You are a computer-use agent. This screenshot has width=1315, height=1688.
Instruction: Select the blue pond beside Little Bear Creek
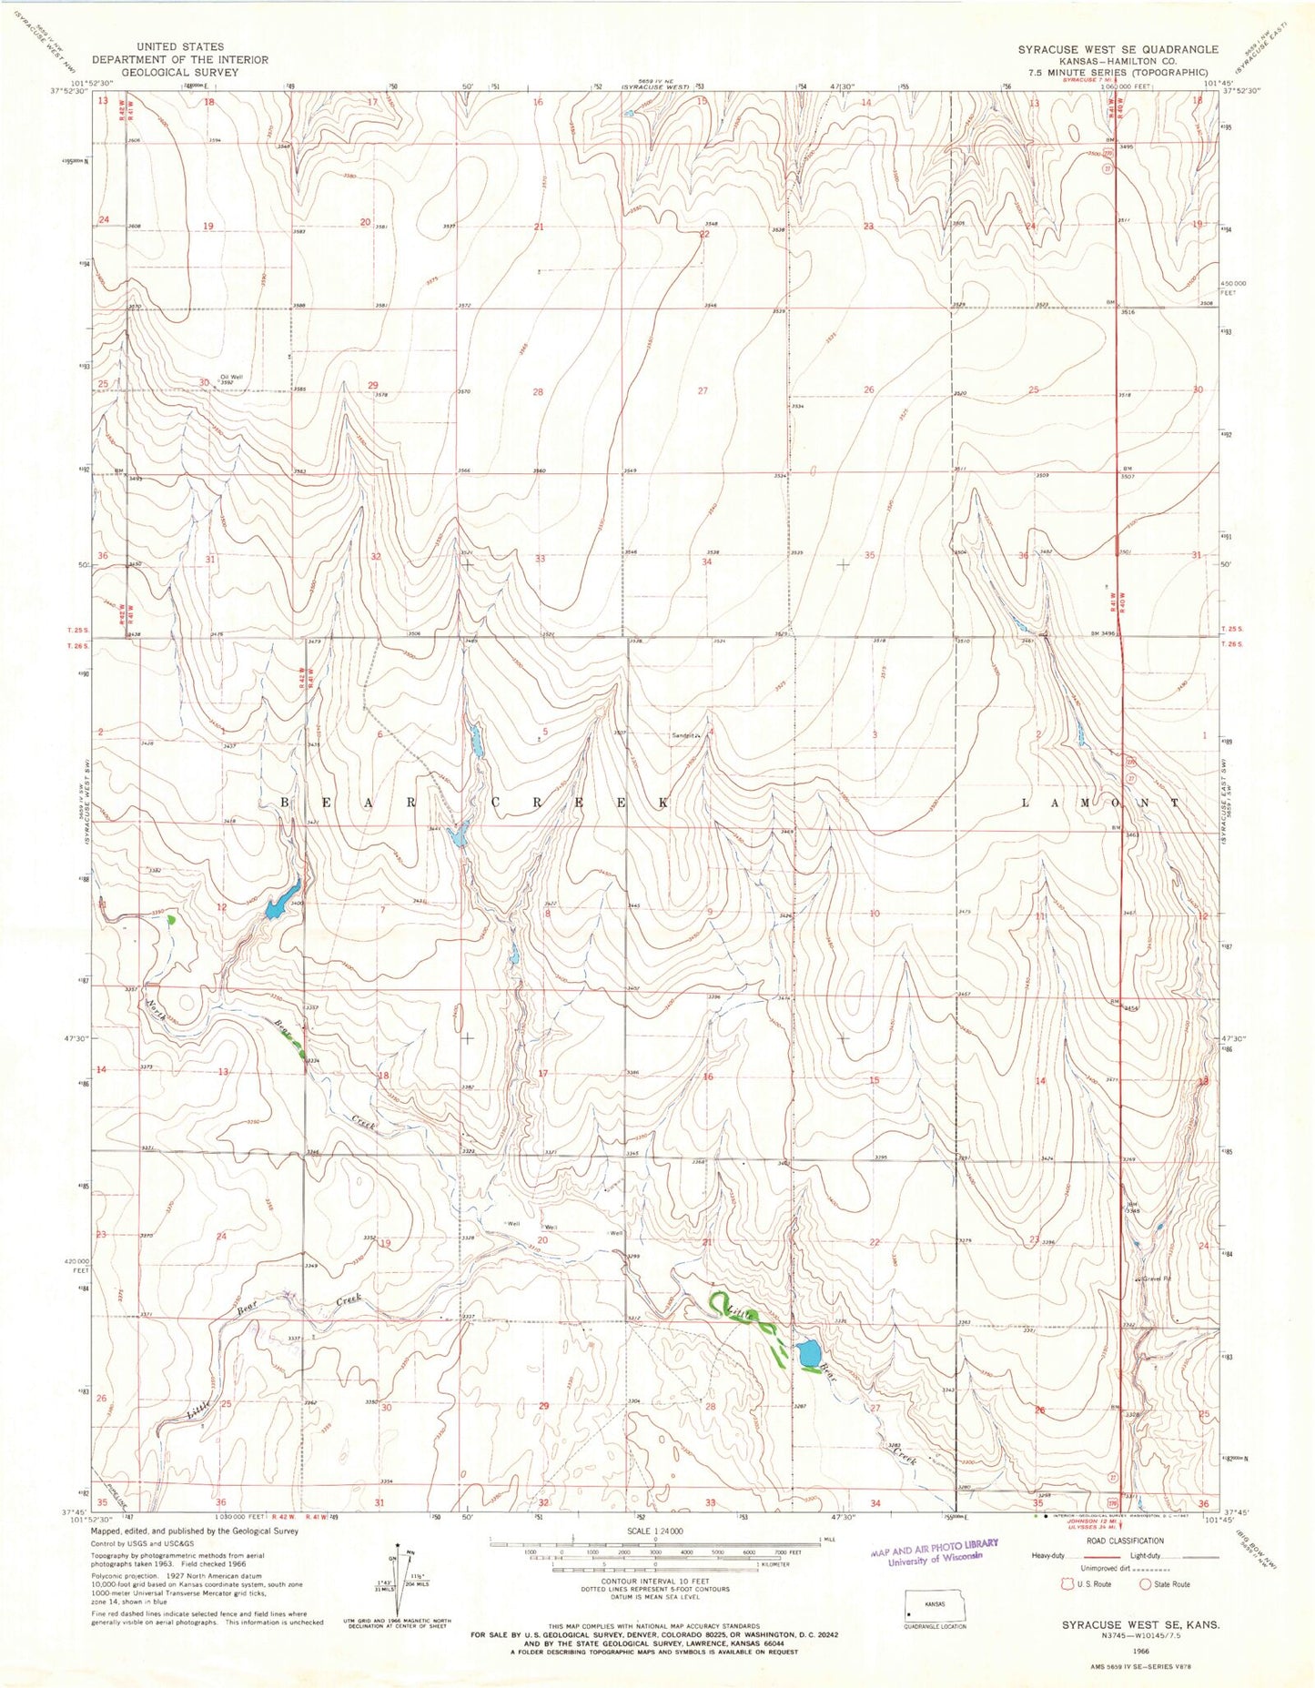806,1354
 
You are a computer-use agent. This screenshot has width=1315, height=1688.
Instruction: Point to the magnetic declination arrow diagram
399,1582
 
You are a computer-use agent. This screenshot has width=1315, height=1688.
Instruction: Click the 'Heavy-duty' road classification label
1049,1557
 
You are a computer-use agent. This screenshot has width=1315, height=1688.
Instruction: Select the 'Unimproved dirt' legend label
1105,1570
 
